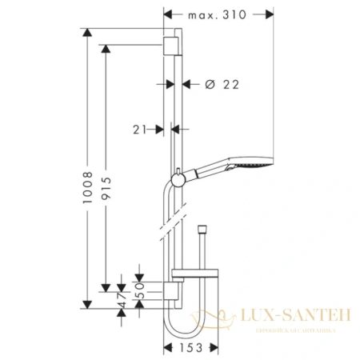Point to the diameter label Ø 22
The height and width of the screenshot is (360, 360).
pyautogui.click(x=220, y=83)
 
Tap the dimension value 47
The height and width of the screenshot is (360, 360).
pyautogui.click(x=122, y=301)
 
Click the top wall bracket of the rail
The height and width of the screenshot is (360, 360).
pyautogui.click(x=170, y=43)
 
